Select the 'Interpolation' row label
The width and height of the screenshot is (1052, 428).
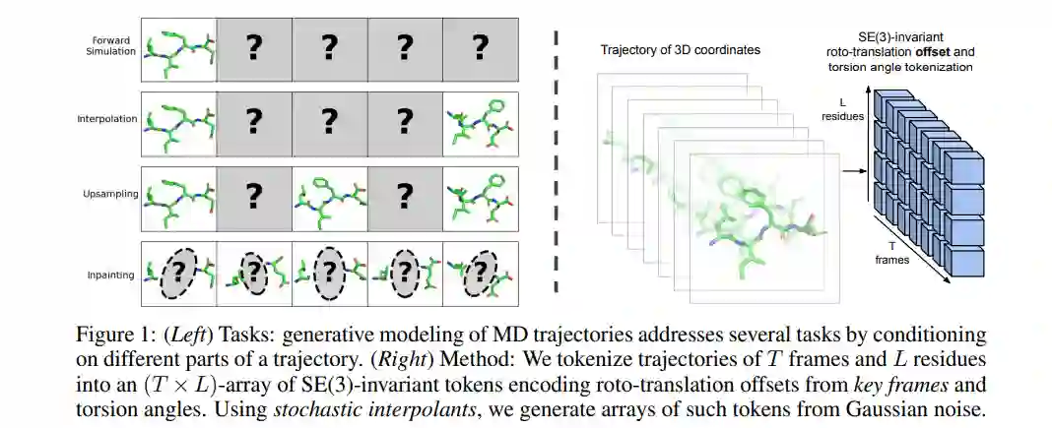(x=105, y=119)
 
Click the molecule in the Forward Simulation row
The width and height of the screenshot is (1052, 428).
(x=178, y=49)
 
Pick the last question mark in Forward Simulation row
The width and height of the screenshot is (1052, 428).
(x=480, y=47)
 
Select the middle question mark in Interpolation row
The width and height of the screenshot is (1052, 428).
(x=329, y=121)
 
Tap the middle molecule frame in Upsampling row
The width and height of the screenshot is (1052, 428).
(x=329, y=198)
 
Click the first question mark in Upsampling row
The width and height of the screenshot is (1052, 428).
(x=253, y=198)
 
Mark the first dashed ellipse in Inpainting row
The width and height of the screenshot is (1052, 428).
(x=178, y=274)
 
